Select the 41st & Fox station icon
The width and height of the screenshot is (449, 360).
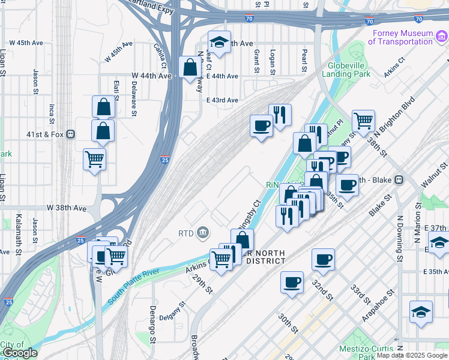(x=70, y=134)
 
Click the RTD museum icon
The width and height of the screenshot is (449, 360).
(x=203, y=232)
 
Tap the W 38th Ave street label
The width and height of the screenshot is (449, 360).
(x=66, y=208)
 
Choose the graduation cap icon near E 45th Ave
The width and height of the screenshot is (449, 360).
(x=219, y=42)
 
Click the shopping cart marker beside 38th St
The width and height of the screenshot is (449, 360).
(x=363, y=121)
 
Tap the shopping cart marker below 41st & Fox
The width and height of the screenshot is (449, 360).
(x=95, y=160)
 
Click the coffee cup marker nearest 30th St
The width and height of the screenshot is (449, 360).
(x=292, y=282)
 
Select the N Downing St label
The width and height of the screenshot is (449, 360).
(x=398, y=238)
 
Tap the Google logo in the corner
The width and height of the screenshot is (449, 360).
(x=19, y=353)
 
